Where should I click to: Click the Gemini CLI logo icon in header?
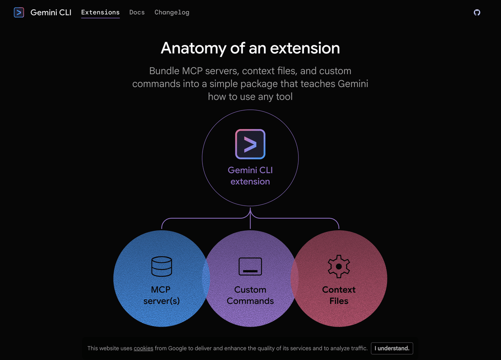(x=19, y=13)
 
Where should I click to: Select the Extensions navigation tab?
(x=100, y=13)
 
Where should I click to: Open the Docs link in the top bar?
(x=137, y=13)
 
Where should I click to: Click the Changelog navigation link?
(x=172, y=13)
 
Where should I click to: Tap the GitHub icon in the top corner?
(x=477, y=13)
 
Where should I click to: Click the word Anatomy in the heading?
(x=193, y=48)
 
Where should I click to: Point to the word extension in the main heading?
(x=305, y=48)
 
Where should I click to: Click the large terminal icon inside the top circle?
(x=250, y=144)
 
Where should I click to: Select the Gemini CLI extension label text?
(x=250, y=176)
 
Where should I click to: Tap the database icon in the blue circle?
(x=161, y=267)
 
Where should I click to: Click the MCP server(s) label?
(x=161, y=295)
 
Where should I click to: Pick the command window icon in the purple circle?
(x=250, y=267)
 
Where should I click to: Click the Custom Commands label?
(x=250, y=295)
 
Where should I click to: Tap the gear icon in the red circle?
(x=339, y=266)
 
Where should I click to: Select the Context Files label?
(x=339, y=295)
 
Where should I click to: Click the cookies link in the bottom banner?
(x=143, y=348)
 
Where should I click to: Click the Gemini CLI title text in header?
(x=51, y=13)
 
